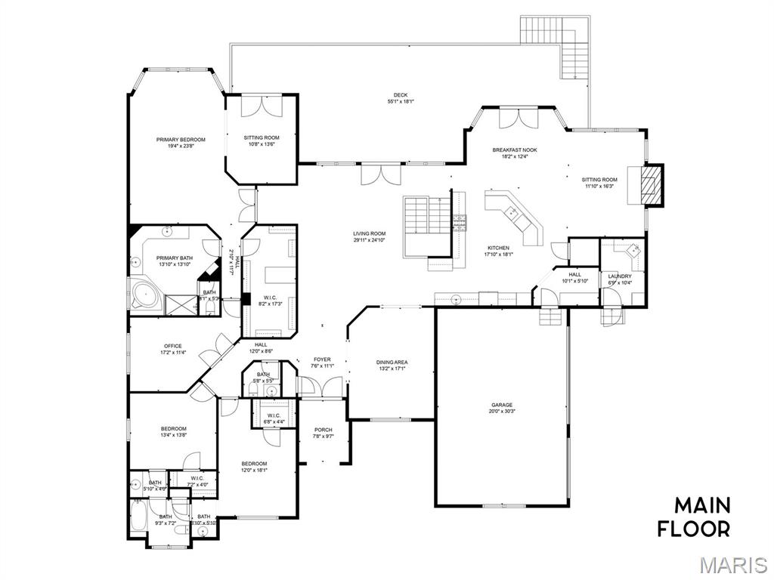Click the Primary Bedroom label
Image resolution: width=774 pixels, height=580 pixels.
[x=181, y=139]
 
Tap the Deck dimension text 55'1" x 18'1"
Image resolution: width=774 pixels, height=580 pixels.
[x=401, y=102]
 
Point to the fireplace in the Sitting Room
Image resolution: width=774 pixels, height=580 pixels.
[x=652, y=185]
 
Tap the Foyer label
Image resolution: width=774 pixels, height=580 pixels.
[x=321, y=359]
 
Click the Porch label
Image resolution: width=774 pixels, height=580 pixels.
[x=323, y=430]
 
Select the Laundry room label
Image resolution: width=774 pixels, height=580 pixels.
[x=620, y=276]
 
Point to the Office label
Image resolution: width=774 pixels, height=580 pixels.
[x=173, y=346]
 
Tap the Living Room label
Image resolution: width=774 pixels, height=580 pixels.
[x=369, y=233]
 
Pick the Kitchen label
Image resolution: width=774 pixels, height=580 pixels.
[x=498, y=248]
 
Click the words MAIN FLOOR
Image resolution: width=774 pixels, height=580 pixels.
[x=693, y=516]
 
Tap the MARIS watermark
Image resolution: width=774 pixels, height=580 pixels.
[x=734, y=564]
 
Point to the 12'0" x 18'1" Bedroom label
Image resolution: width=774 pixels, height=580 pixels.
[x=254, y=464]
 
